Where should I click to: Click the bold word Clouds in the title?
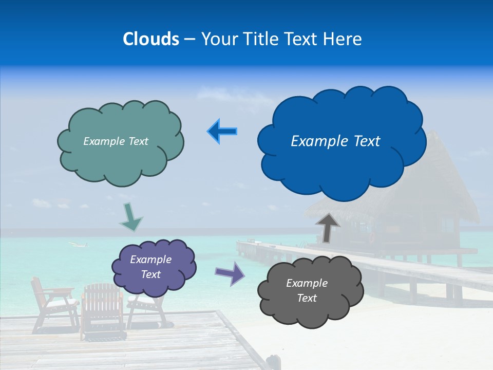point(150,39)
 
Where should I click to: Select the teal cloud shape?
point(121,159)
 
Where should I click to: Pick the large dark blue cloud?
point(342,164)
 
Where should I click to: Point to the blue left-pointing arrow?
point(222,132)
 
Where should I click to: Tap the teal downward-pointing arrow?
point(130,218)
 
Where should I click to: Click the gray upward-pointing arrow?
point(328,228)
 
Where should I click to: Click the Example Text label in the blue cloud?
point(335,141)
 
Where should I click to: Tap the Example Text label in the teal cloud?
point(116,141)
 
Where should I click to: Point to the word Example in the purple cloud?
point(150,260)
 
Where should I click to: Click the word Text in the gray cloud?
point(307,298)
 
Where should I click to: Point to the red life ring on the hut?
point(373,237)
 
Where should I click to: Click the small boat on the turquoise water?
point(77,244)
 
